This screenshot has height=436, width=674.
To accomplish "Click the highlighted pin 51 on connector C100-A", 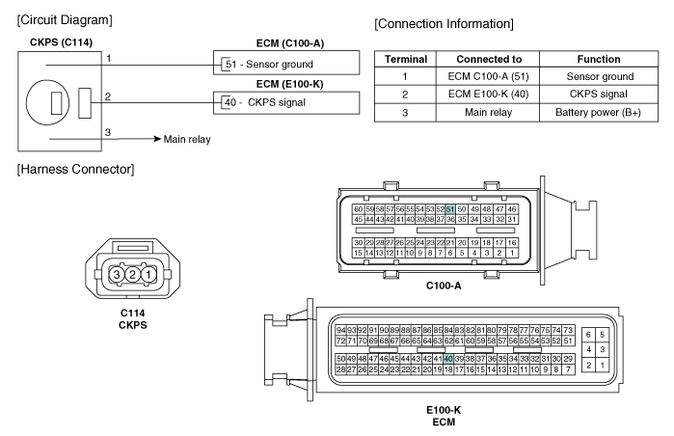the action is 450,209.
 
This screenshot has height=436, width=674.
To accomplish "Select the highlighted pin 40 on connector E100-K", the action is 448,359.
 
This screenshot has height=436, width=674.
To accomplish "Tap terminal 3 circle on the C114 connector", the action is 116,274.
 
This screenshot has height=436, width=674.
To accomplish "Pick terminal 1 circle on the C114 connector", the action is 148,274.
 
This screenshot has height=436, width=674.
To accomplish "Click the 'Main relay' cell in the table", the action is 488,113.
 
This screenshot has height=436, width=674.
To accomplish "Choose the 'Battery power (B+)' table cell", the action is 599,113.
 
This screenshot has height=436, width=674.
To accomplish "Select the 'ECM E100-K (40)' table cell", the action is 488,95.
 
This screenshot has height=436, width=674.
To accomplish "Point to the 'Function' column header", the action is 599,59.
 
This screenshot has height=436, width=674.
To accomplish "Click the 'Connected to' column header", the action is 488,59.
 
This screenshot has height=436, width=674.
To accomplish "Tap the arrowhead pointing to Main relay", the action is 157,139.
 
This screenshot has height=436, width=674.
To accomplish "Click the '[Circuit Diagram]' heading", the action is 65,20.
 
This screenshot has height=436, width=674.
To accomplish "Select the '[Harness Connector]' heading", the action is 75,169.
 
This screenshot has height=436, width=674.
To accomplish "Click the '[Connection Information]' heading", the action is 445,24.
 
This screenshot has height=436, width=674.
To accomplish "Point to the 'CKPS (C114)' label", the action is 61,42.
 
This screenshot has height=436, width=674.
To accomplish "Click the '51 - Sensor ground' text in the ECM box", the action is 269,64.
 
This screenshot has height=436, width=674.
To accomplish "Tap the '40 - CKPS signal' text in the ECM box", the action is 265,102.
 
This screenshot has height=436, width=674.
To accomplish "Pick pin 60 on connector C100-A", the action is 358,209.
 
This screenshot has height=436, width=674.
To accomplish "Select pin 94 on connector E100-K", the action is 341,330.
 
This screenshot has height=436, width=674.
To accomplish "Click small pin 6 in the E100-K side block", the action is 588,335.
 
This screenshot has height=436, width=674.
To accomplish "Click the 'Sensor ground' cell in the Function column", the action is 599,76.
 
